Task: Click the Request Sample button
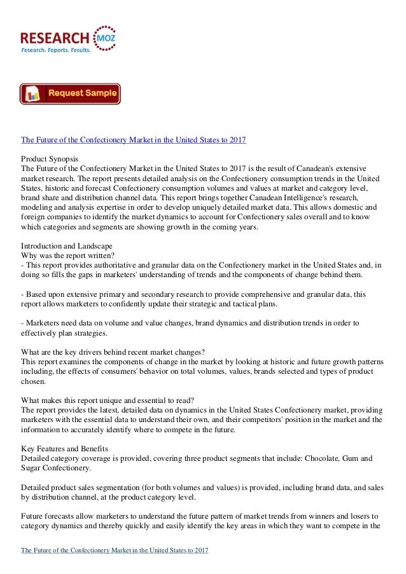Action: (70, 93)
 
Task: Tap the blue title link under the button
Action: (134, 139)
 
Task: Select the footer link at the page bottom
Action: (115, 550)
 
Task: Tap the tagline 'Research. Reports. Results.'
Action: (56, 50)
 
